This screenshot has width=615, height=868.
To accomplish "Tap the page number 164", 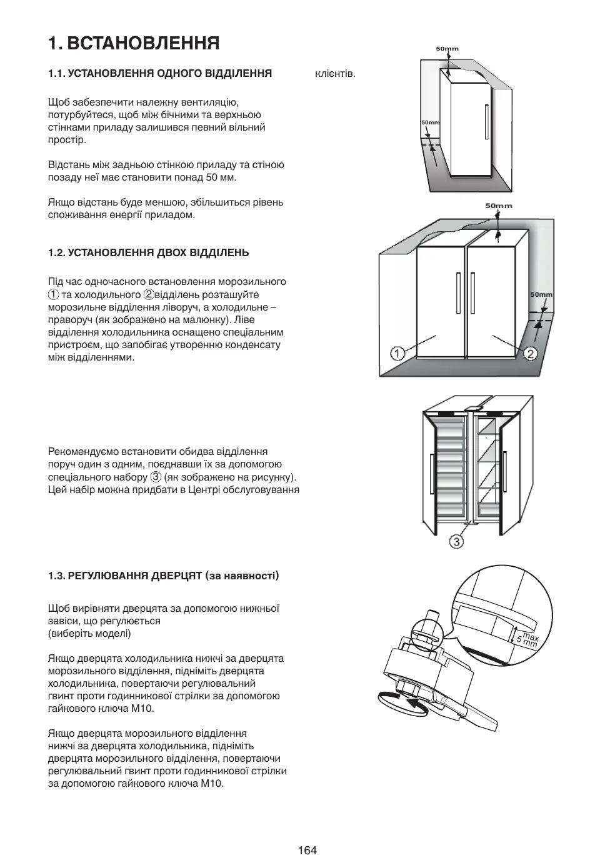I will pos(307,850).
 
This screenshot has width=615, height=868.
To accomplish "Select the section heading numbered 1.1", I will pos(160,74).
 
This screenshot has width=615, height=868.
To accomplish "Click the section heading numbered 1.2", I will pos(148,252).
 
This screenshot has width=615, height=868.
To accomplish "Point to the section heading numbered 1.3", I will pos(163,575).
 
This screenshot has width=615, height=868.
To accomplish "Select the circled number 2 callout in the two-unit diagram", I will pos(531,354).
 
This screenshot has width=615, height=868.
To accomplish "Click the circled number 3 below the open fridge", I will pos(457,541).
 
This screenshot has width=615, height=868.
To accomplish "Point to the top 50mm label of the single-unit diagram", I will pos(447,49).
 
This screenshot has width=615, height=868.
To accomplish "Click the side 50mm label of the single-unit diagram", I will pos(430,122).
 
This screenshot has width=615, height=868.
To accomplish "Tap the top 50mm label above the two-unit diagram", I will pos(499,206).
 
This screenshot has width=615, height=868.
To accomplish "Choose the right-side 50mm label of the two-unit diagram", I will pos(541,294).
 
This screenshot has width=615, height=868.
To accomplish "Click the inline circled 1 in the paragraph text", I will pos(54,294).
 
